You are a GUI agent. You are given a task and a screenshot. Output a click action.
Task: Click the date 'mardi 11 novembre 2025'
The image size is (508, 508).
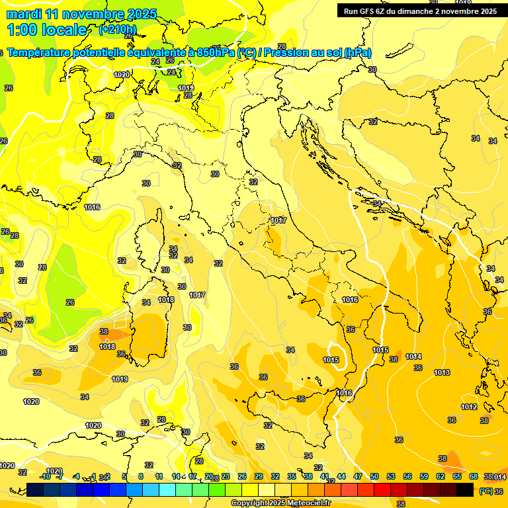[x=81, y=14]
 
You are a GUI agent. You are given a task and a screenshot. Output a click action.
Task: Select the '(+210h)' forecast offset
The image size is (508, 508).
[x=118, y=29]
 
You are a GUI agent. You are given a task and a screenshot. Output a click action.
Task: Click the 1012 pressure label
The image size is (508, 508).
[x=469, y=407]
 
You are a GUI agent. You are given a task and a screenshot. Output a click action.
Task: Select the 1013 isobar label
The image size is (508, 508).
[x=442, y=372]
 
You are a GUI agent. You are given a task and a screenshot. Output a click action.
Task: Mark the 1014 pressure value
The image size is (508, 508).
[x=413, y=357]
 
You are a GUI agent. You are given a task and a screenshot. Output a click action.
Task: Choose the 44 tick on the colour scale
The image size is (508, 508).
[x=341, y=476]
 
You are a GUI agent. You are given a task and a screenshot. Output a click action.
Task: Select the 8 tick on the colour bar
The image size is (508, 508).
[x=141, y=476]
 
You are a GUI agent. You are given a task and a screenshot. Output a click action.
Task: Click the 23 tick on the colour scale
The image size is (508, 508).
[x=226, y=476]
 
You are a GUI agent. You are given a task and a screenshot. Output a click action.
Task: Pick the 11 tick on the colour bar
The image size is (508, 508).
[x=159, y=476]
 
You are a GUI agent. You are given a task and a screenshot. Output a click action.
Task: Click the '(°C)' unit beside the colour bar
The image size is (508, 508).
[x=486, y=491]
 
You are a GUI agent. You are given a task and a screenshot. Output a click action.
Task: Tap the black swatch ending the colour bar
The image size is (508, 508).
[x=465, y=490]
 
